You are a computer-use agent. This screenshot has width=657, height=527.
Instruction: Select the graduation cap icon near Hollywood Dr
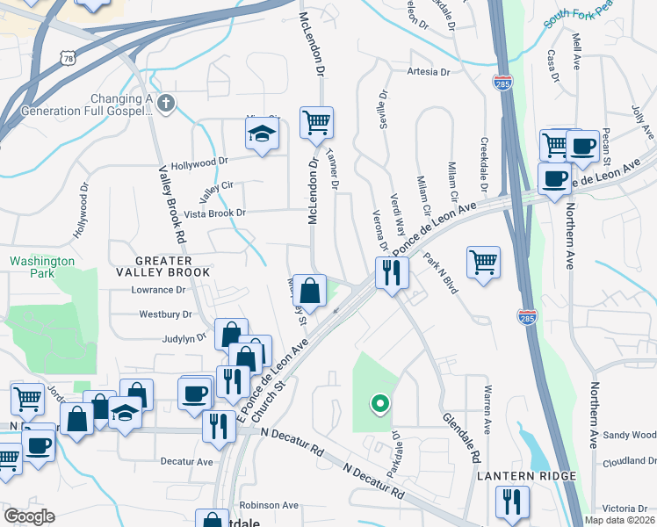pos(260,135)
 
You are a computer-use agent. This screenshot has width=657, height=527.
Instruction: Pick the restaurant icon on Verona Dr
pos(392,272)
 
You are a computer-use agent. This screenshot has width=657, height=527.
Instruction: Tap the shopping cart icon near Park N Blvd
pos(483,261)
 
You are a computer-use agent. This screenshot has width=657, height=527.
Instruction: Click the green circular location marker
pos(379,404)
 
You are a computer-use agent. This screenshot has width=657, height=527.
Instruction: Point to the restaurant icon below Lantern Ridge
pos(511,502)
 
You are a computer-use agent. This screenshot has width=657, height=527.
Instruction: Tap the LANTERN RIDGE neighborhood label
pos(526,476)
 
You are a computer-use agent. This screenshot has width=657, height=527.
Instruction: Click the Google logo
pos(29,516)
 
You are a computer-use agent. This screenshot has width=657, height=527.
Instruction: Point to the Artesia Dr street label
pos(428,72)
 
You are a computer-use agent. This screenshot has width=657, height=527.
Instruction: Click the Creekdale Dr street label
pos(483,164)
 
